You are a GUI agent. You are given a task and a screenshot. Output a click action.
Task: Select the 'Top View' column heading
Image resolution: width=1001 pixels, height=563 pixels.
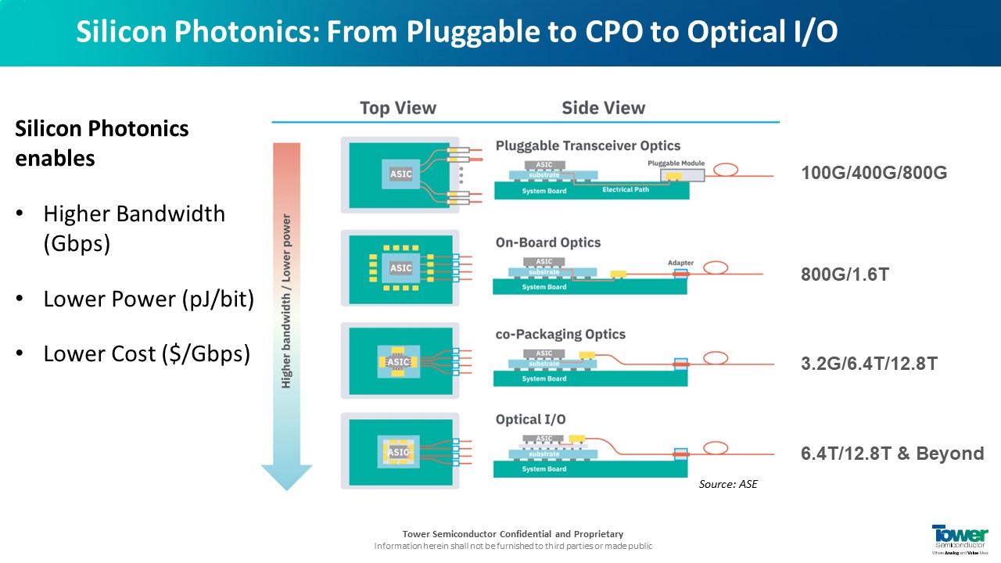(x=397, y=108)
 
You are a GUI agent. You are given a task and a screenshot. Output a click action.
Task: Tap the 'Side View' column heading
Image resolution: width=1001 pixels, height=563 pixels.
(x=603, y=108)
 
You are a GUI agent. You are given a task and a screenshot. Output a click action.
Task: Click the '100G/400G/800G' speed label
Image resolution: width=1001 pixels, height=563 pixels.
(x=874, y=173)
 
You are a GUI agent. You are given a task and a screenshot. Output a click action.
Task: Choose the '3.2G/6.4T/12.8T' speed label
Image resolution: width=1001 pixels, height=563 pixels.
(x=869, y=364)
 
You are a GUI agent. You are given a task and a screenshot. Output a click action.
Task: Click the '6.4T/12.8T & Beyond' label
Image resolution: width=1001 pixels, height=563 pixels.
(x=892, y=454)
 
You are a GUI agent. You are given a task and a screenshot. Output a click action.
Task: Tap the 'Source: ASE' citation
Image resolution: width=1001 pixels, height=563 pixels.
(x=728, y=485)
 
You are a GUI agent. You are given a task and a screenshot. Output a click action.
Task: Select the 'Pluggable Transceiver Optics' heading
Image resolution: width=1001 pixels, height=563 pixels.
(x=587, y=145)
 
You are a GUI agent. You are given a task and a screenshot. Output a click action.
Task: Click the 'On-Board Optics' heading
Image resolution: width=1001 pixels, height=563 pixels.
(x=547, y=242)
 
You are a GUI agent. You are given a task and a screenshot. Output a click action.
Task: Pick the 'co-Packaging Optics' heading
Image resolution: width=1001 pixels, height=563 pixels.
(x=560, y=334)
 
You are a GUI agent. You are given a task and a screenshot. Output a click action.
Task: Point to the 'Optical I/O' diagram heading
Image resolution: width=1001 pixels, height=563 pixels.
(x=530, y=420)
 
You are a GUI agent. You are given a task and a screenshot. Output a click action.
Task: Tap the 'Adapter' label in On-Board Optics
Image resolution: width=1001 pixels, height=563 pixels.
(x=680, y=263)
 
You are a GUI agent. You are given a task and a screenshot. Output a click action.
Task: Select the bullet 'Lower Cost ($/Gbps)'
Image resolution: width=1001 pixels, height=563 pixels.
(x=146, y=353)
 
